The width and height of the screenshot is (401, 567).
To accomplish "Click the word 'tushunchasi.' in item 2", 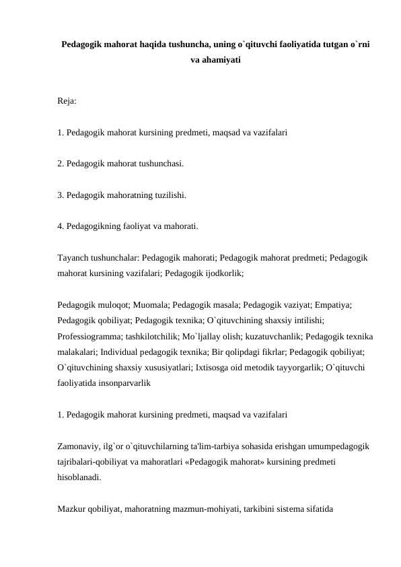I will pos(161,164).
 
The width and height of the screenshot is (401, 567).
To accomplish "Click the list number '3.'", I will pos(62,195).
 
